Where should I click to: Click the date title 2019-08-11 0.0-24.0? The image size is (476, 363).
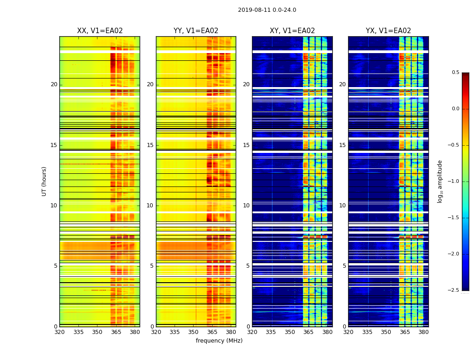click(267, 10)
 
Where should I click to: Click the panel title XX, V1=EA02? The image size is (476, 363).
click(100, 31)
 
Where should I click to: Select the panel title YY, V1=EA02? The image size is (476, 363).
click(196, 31)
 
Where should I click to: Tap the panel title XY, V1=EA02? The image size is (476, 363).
click(292, 31)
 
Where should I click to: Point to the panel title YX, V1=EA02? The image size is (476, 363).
click(389, 31)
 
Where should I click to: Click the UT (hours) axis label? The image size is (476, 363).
click(44, 181)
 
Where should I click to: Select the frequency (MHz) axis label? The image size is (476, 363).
click(219, 341)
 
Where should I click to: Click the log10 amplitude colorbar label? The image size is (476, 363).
click(440, 181)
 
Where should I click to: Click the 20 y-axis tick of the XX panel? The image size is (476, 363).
click(54, 84)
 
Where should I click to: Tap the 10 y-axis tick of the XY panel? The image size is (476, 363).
click(246, 206)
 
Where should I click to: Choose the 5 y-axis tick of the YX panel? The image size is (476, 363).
click(344, 266)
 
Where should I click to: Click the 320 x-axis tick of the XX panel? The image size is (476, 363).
click(59, 332)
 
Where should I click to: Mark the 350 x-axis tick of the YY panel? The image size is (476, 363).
click(194, 332)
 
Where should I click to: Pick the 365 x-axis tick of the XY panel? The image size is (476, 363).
click(309, 332)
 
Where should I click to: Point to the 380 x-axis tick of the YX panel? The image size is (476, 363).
click(423, 332)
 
